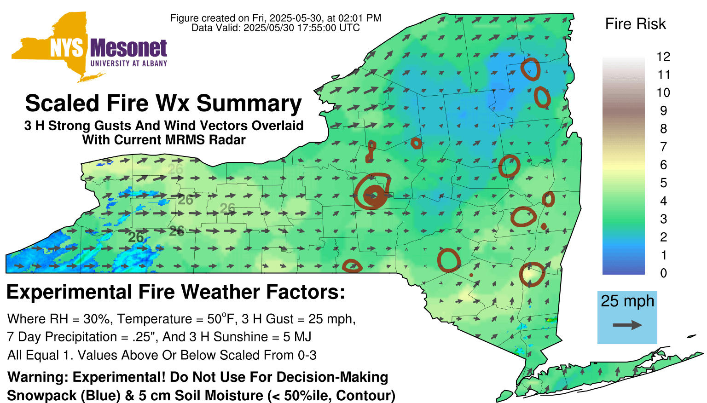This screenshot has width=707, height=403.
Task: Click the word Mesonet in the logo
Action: coord(128,48)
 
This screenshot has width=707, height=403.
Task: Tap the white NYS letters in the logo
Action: coord(67,48)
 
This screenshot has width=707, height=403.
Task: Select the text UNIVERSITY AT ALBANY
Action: coord(129,63)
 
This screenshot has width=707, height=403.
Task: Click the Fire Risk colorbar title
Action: coord(635,24)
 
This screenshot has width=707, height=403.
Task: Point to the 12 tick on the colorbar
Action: coord(663,57)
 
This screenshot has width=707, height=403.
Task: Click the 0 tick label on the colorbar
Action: coord(663,273)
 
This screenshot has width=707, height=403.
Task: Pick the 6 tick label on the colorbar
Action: coord(663,165)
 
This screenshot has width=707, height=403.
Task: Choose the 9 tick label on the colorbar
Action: coord(663,111)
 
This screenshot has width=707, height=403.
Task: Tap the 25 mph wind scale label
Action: coord(627,301)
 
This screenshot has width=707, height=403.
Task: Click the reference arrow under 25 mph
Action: coord(627,325)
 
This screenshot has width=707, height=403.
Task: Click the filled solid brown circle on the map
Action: coord(375,196)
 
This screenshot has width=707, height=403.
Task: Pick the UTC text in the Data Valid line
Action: coord(349,28)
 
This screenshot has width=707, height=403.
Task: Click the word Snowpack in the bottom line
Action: coord(42,396)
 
